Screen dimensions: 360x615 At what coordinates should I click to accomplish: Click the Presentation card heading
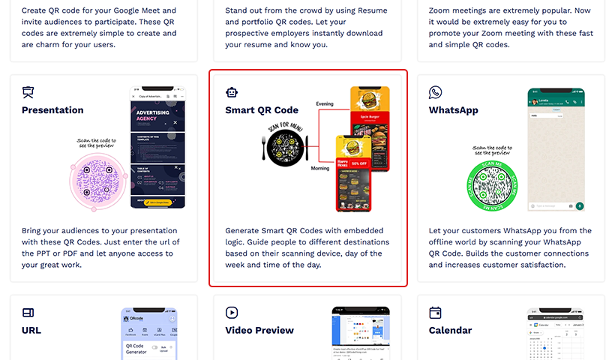point(52,110)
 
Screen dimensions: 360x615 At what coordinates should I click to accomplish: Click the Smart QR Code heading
point(262,110)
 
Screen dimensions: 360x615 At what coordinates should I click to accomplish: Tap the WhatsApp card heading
point(453,110)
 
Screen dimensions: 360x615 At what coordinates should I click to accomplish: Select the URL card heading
point(31,330)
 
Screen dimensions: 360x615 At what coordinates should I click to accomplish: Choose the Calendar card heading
point(450,330)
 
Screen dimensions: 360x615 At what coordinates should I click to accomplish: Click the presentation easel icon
point(28,92)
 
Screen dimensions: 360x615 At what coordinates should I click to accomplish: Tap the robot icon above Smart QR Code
point(232,92)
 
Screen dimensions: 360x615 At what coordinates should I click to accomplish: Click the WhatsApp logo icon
point(435,92)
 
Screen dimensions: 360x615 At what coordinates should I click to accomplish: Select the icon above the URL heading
point(28,312)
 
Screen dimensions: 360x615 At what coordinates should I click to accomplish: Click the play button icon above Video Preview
point(232,312)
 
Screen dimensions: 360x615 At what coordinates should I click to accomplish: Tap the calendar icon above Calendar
point(435,312)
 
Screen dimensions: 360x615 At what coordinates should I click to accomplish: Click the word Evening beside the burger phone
point(325,103)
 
